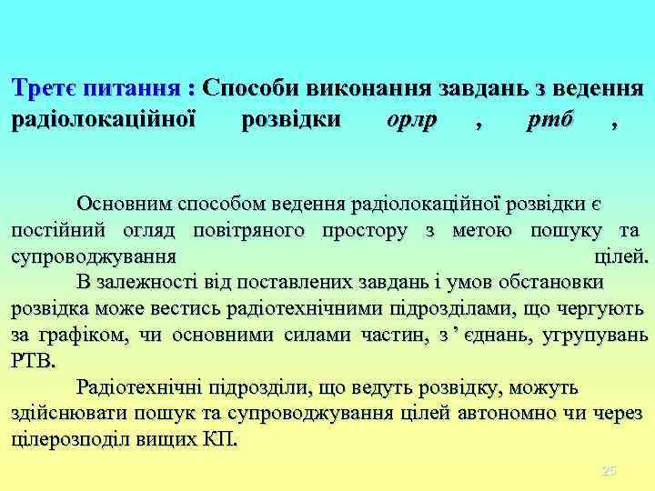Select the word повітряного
point(252,230)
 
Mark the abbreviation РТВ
point(33,361)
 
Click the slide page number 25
point(610,470)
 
